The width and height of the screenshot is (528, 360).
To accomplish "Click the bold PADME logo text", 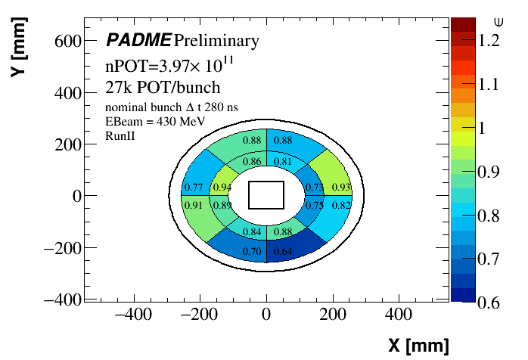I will pyautogui.click(x=138, y=40).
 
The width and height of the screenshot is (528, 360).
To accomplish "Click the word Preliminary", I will pyautogui.click(x=216, y=40).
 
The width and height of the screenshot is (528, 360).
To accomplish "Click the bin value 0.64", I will pyautogui.click(x=282, y=251).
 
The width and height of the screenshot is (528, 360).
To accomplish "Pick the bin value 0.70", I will pyautogui.click(x=251, y=251).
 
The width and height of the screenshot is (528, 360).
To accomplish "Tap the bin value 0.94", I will pyautogui.click(x=222, y=187).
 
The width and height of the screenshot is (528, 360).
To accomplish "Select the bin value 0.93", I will pyautogui.click(x=341, y=187).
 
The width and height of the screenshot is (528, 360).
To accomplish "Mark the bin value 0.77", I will pyautogui.click(x=193, y=187).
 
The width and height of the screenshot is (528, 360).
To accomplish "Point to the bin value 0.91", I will pyautogui.click(x=193, y=205).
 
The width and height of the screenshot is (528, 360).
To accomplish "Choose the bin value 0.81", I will pyautogui.click(x=282, y=161).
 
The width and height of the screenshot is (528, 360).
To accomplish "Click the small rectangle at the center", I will pyautogui.click(x=266, y=194).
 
